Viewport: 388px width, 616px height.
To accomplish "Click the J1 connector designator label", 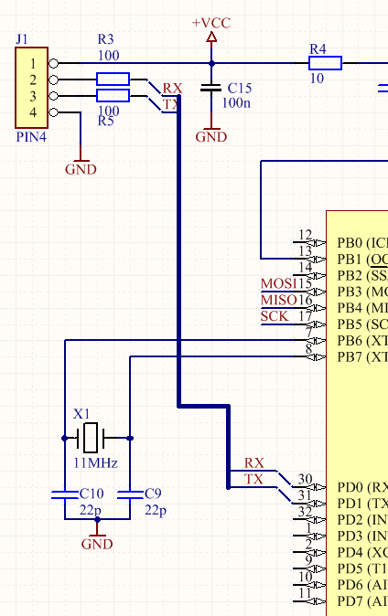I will coord(22,39).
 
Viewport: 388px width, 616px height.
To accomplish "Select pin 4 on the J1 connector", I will coord(34,112).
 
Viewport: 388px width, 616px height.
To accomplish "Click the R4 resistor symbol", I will coord(325,63).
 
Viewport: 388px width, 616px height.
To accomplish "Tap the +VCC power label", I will coord(211,22).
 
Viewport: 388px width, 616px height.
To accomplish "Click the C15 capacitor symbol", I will coord(211,88).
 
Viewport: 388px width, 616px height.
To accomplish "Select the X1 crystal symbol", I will coord(92,438).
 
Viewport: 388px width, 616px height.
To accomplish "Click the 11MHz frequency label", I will coord(95,463).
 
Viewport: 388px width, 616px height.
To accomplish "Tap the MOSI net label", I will coord(279,283).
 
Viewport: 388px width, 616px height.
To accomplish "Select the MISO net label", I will coord(279,300).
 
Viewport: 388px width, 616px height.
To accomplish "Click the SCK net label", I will coord(274,316).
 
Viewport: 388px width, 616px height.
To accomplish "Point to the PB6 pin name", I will coord(350,341).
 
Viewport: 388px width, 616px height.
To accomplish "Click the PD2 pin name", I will coord(350,520).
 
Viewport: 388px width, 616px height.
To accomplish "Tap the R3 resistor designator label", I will coord(105,39).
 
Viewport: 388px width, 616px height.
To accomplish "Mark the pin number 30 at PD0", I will coord(305,479).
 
